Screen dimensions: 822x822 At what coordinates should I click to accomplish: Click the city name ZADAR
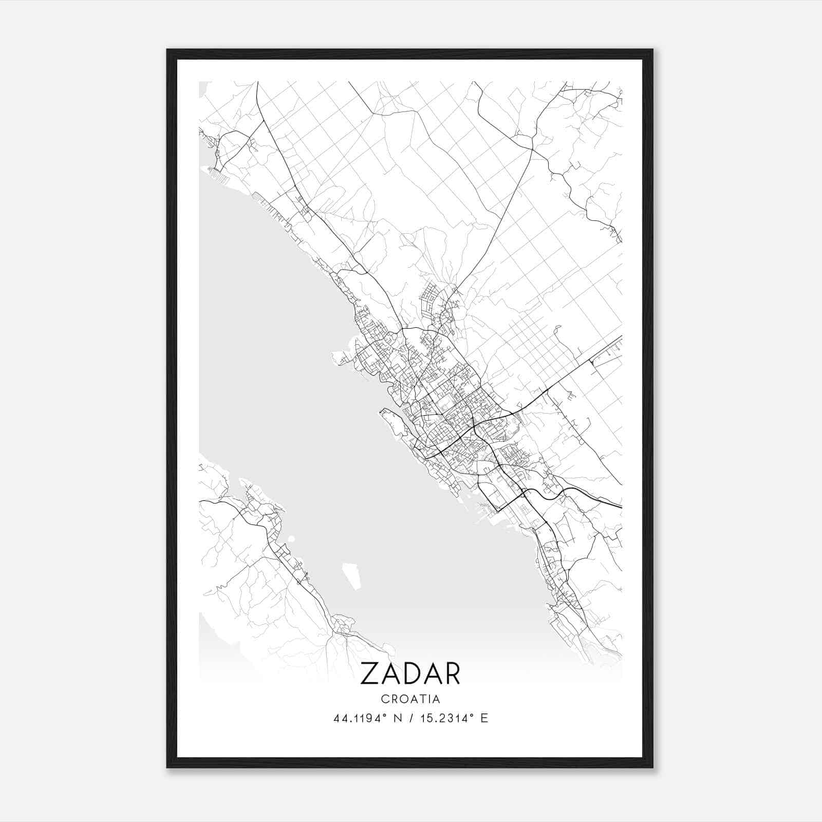410,674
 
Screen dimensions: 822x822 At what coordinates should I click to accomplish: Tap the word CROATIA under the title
410,699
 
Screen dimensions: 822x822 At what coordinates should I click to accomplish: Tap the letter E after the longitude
484,718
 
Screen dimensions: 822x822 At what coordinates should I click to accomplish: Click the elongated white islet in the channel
351,576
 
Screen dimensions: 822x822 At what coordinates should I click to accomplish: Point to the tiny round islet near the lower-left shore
291,539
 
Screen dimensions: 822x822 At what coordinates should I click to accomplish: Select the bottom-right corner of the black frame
652,768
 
